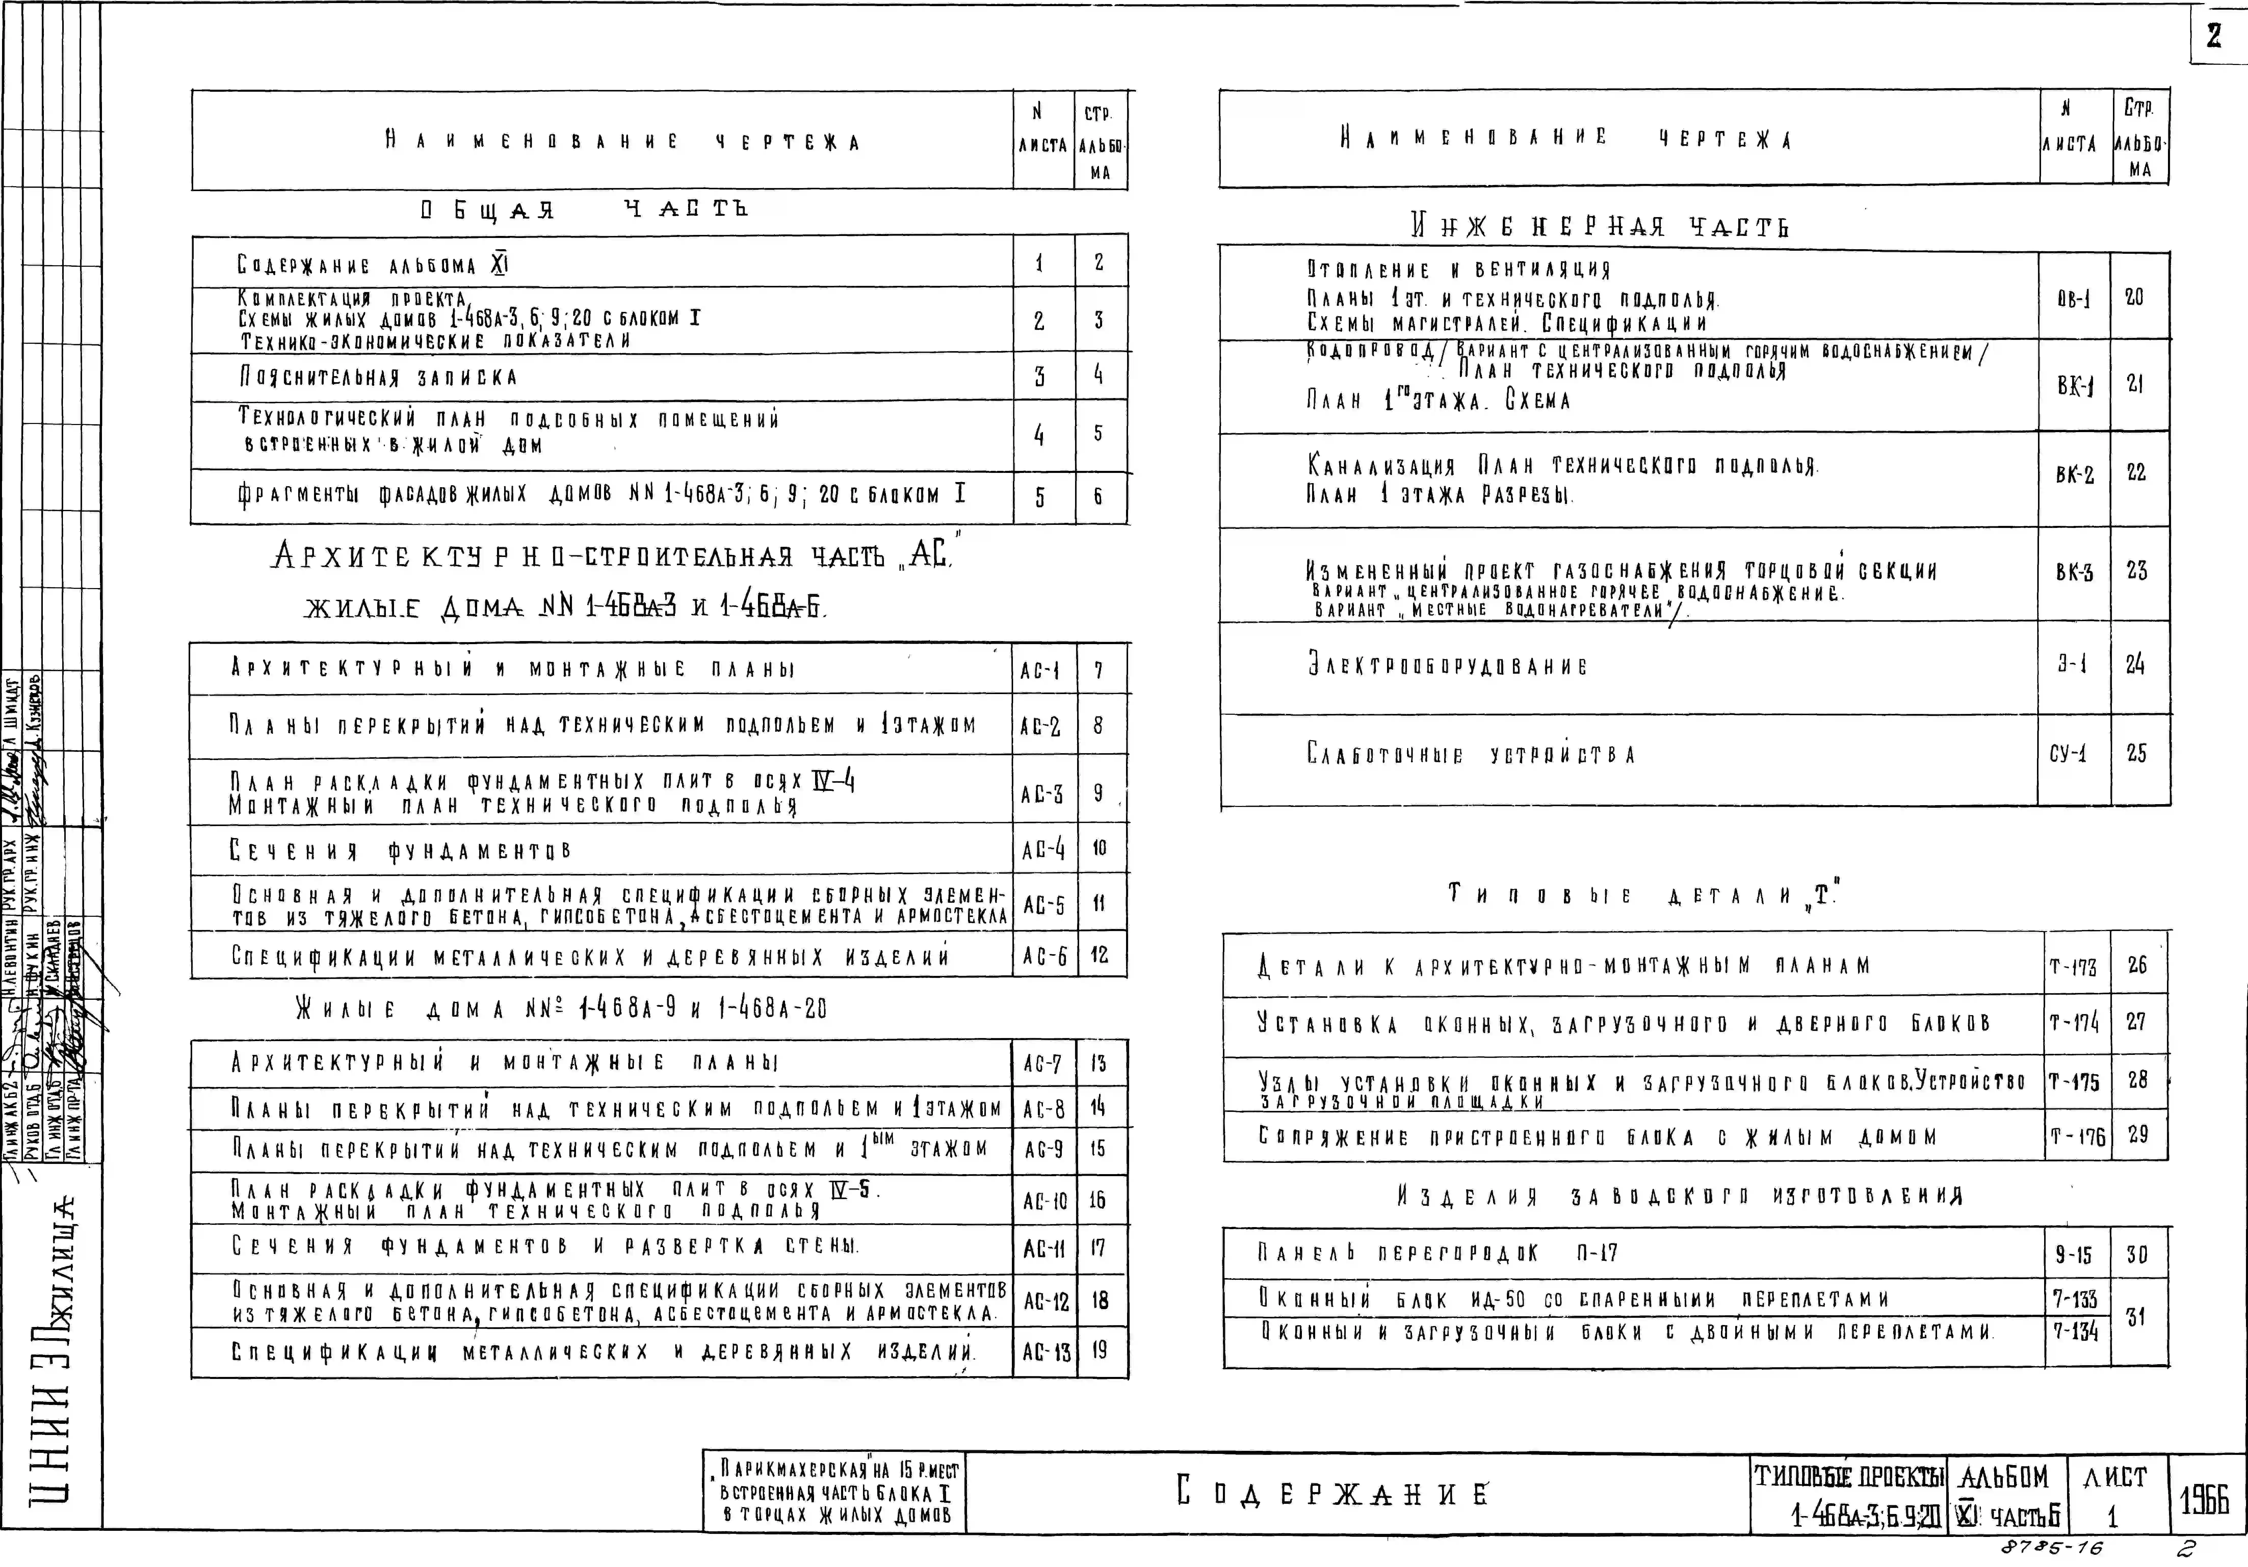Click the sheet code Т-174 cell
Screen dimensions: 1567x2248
pyautogui.click(x=2074, y=1023)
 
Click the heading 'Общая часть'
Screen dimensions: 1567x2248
pyautogui.click(x=584, y=210)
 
